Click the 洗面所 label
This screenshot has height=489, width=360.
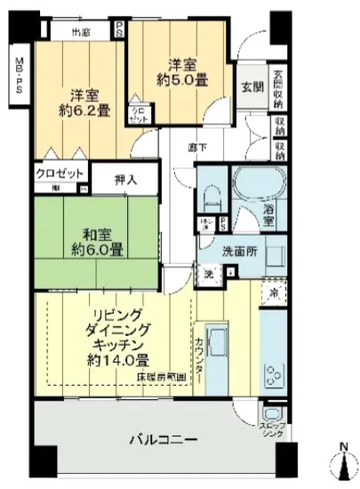pos(238,252)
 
